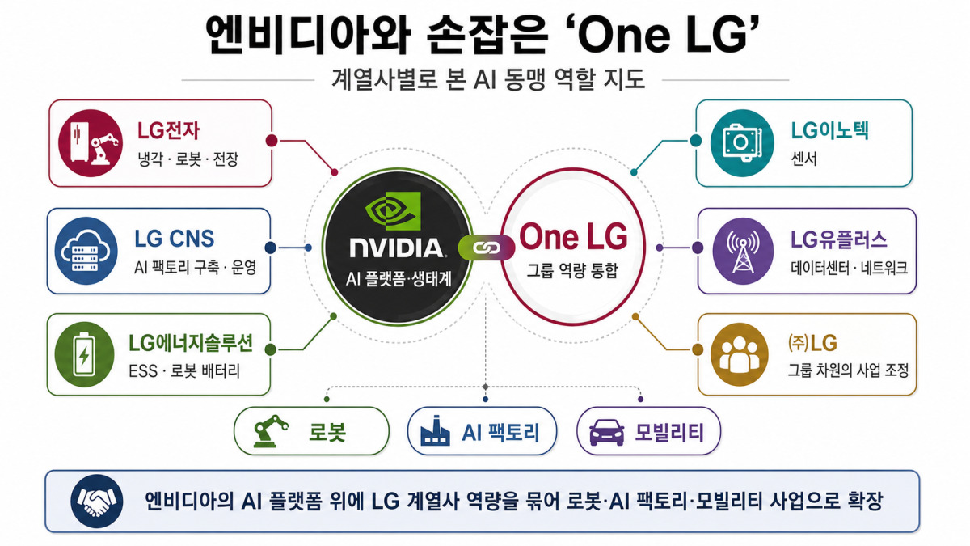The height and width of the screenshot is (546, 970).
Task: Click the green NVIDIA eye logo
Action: click(x=393, y=211)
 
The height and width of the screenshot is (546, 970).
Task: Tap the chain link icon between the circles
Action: click(x=487, y=248)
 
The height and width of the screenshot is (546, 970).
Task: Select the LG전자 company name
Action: click(x=168, y=130)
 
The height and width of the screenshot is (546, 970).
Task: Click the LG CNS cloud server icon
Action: click(x=86, y=251)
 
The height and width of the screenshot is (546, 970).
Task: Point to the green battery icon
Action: click(x=85, y=354)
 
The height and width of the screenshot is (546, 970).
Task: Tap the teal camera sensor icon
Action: click(x=742, y=143)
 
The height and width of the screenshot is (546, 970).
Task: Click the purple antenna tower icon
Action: click(x=743, y=251)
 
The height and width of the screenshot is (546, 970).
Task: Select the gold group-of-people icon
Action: click(x=740, y=354)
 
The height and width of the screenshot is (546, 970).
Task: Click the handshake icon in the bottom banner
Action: click(x=96, y=502)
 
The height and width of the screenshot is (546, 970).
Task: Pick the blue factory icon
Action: click(x=435, y=431)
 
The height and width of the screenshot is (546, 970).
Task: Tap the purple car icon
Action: click(x=607, y=432)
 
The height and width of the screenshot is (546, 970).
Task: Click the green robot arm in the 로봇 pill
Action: click(x=270, y=431)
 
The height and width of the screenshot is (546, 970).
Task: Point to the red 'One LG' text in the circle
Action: click(x=573, y=236)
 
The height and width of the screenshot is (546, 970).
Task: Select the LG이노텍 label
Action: click(x=829, y=130)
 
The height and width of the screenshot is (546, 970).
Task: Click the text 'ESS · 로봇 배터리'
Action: click(x=184, y=371)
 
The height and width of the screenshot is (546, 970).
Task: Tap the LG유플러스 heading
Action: click(x=839, y=239)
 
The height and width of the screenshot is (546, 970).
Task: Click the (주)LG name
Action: click(x=812, y=343)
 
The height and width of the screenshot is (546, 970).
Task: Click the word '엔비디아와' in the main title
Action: click(x=306, y=34)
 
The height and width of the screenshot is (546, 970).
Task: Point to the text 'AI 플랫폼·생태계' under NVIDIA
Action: click(x=399, y=279)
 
